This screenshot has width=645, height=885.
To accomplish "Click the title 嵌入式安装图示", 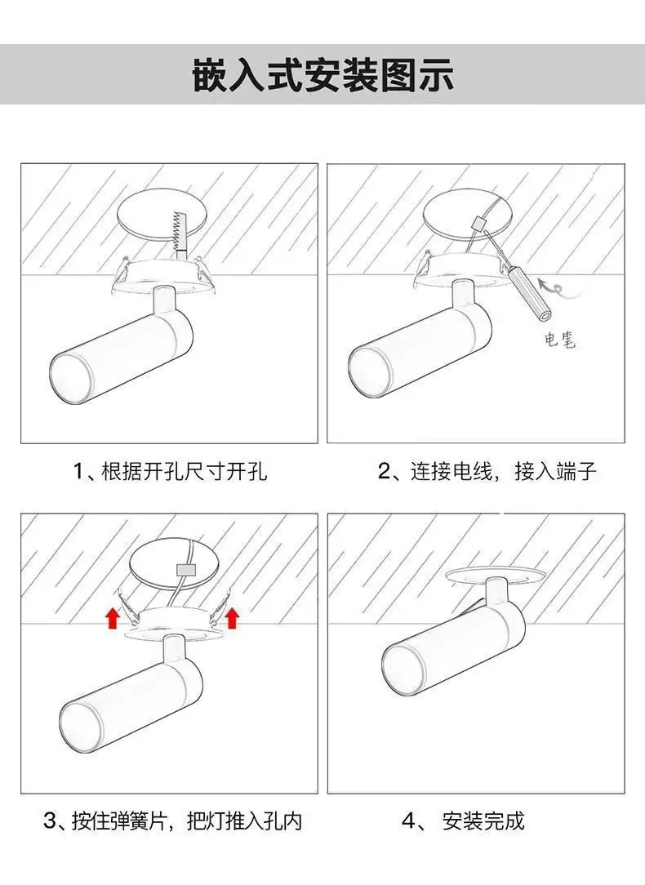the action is (x=322, y=74).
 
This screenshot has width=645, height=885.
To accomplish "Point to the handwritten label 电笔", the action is (x=560, y=340).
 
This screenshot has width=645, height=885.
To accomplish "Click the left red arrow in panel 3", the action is (x=114, y=618).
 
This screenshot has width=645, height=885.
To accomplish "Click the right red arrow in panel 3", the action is (x=232, y=617).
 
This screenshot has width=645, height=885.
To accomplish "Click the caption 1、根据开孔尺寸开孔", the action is (x=171, y=471).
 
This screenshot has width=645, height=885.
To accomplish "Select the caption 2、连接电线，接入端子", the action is (x=487, y=471).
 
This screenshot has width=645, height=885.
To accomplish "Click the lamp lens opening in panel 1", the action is (x=70, y=377).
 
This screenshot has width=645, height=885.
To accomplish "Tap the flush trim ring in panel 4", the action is (x=495, y=575).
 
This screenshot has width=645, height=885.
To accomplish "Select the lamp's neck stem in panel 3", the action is (x=174, y=650).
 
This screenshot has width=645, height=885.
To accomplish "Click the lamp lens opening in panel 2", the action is (x=370, y=371).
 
